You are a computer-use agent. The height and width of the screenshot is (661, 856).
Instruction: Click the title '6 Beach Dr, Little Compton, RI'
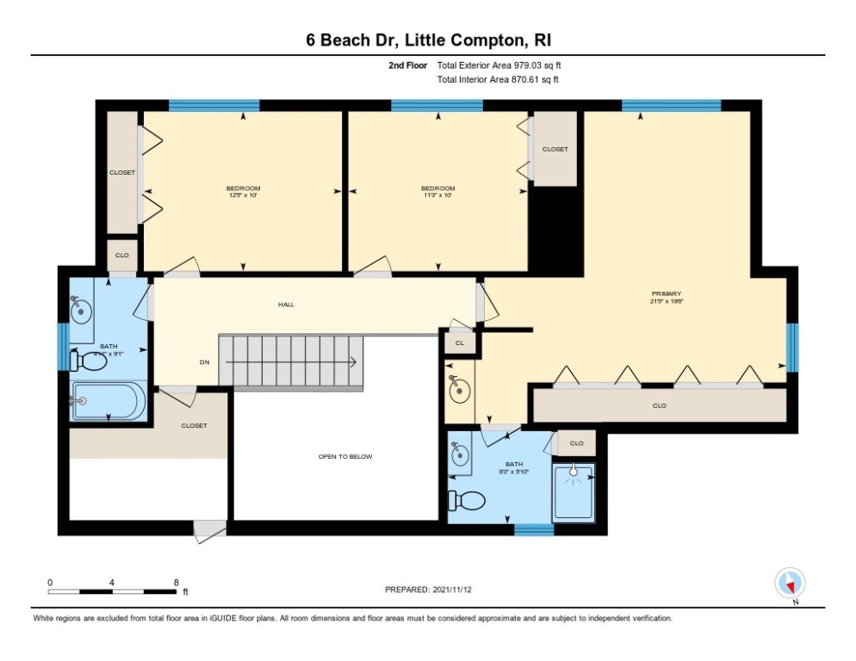click(427, 40)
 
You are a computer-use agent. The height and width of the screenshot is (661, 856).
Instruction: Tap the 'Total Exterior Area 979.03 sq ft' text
click(499, 65)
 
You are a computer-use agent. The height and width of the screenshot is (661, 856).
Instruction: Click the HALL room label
click(286, 305)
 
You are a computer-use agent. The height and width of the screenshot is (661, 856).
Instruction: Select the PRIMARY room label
click(666, 294)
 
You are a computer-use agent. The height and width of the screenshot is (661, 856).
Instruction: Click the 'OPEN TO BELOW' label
click(344, 457)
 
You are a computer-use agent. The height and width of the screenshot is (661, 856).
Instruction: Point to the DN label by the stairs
click(205, 362)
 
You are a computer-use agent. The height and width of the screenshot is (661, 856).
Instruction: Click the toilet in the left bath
click(89, 362)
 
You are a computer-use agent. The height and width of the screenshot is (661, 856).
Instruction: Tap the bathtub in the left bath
click(109, 400)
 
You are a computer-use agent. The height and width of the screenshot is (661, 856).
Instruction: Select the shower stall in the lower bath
click(574, 491)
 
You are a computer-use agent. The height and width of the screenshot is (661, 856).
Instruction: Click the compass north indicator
click(789, 583)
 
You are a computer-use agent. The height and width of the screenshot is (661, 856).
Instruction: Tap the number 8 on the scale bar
click(176, 582)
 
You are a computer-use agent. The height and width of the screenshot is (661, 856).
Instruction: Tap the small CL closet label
click(460, 343)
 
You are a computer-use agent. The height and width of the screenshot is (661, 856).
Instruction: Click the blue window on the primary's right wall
click(792, 347)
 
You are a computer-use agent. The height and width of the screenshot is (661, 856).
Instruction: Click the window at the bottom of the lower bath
click(534, 529)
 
